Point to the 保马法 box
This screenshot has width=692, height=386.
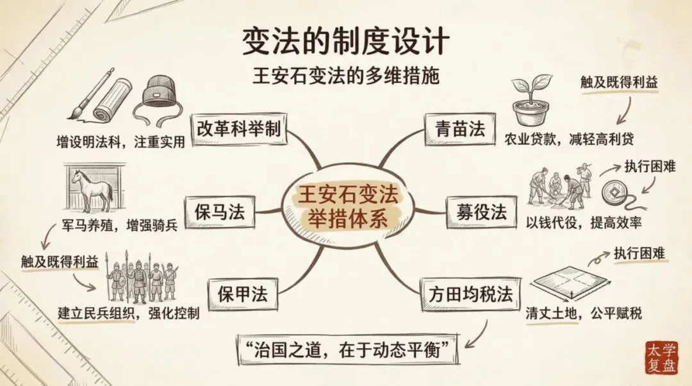(215, 211)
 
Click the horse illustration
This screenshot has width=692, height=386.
(94, 189)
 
